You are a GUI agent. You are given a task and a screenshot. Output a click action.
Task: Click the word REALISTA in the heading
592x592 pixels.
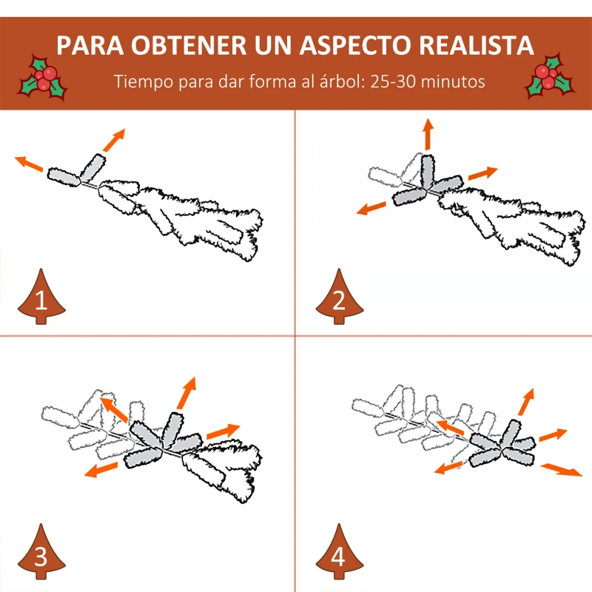pos(477,45)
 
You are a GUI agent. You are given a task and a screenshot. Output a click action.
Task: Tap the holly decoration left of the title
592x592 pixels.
pos(43,78)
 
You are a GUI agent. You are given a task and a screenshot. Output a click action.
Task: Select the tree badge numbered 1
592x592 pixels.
pos(41,297)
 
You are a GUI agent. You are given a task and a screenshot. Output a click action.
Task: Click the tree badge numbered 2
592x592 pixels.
pos(340,297)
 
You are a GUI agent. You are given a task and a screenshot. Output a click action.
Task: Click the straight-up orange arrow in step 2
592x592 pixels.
pos(428,135)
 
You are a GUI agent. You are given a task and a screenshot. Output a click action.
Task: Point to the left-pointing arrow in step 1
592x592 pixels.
pos(29,164)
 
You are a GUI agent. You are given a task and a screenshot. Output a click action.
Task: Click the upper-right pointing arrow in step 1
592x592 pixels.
pos(114,140)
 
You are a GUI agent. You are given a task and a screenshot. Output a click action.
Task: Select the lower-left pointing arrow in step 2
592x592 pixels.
pos(371,208)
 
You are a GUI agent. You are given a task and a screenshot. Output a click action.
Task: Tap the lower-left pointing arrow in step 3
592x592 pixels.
pos(101,469)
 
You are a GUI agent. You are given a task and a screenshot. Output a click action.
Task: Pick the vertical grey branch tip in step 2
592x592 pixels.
pos(428,171)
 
